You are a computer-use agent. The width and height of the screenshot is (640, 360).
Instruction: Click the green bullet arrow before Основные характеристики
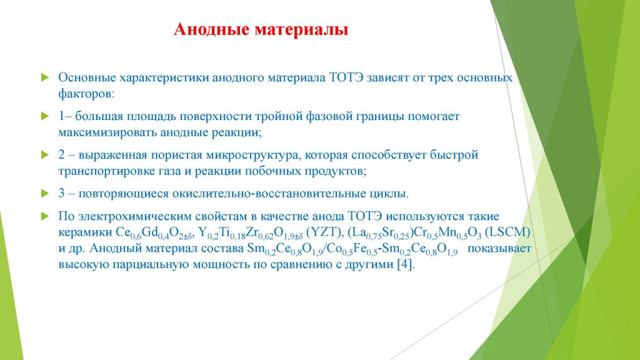(x=45, y=77)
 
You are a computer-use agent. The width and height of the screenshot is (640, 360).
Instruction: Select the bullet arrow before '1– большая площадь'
(x=45, y=116)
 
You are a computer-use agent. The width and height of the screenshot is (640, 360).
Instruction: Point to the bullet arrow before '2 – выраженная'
(x=45, y=155)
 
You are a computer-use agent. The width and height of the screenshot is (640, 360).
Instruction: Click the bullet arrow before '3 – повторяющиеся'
(x=45, y=194)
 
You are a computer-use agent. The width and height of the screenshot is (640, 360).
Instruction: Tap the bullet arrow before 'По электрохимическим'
(x=45, y=216)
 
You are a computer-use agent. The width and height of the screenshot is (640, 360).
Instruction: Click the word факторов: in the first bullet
(x=86, y=94)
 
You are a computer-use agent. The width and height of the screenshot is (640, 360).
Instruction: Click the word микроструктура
(x=254, y=156)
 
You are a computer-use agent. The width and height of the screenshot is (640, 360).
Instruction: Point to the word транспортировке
(x=106, y=171)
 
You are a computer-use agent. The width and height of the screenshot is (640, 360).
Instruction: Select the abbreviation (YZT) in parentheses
(x=324, y=232)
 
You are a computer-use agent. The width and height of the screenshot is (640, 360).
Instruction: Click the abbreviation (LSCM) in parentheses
(x=507, y=232)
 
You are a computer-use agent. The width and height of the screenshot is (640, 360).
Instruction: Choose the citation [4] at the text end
(x=406, y=264)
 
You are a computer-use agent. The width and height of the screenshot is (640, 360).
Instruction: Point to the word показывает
(x=499, y=249)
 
